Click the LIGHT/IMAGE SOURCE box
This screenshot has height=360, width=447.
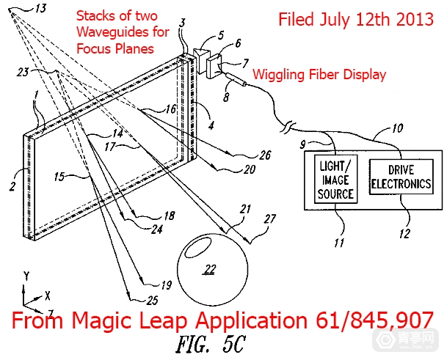(336, 179)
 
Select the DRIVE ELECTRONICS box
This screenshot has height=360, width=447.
(401, 177)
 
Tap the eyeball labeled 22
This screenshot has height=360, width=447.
(213, 270)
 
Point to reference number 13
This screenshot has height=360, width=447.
(41, 8)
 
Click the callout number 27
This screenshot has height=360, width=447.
(269, 218)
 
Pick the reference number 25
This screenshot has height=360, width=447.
(153, 300)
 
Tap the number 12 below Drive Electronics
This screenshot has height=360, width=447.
(404, 234)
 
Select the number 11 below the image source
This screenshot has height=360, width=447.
(339, 243)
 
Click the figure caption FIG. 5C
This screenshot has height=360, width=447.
(211, 344)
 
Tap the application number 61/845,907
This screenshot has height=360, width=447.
(374, 320)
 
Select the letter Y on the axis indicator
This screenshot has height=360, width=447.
(26, 276)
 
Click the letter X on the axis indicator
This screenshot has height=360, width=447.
(47, 296)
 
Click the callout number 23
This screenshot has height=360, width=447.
(23, 72)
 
